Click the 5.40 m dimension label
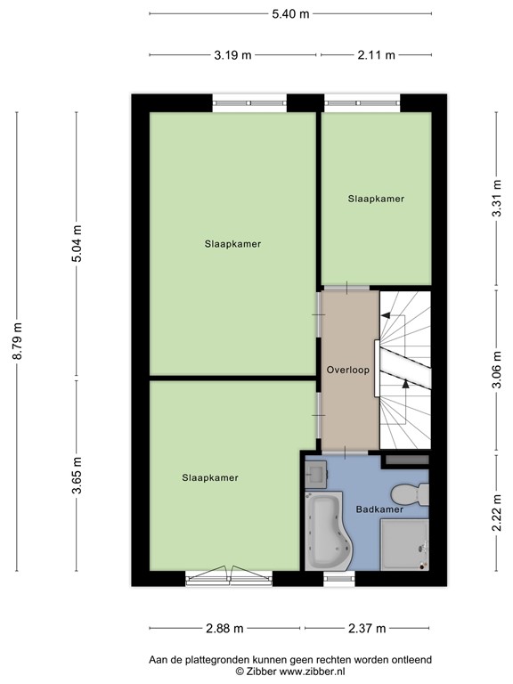[290, 12]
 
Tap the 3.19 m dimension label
[232, 54]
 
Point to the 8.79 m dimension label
[16, 339]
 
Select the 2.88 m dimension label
[224, 628]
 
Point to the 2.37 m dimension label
[367, 628]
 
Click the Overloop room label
[347, 369]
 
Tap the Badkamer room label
[379, 510]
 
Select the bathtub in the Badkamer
[326, 533]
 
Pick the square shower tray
[404, 544]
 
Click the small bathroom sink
[315, 473]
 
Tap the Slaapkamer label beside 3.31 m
[376, 199]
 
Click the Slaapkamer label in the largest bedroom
[232, 243]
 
